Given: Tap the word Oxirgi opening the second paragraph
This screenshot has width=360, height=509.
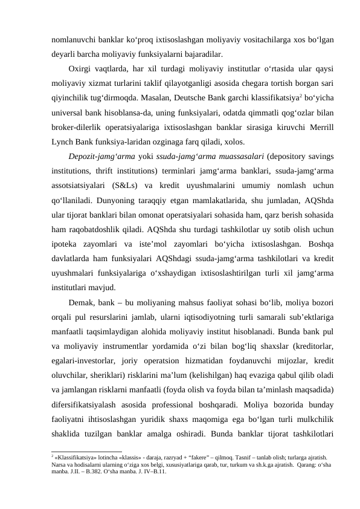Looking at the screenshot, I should click(x=83, y=66).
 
